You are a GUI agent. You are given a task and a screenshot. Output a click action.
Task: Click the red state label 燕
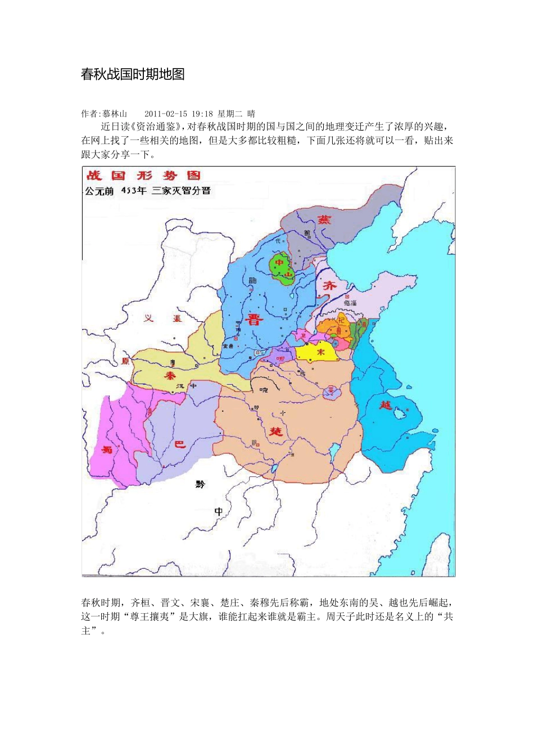pyautogui.click(x=324, y=220)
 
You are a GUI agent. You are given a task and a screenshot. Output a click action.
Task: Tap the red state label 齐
pyautogui.click(x=329, y=285)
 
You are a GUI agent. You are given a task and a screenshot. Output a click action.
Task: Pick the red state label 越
pyautogui.click(x=386, y=404)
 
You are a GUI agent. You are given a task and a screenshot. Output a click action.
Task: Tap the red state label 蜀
pyautogui.click(x=107, y=449)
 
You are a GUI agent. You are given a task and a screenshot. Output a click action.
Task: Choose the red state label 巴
pyautogui.click(x=179, y=444)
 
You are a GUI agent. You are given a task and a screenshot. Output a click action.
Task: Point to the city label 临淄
pyautogui.click(x=350, y=303)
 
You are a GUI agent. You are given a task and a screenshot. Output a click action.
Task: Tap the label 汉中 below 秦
pyautogui.click(x=186, y=386)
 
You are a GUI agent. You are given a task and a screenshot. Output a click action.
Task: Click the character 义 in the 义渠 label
pyautogui.click(x=148, y=318)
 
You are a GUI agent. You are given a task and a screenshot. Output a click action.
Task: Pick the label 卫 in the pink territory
pyautogui.click(x=304, y=335)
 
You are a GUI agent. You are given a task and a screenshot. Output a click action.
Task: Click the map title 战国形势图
pyautogui.click(x=144, y=176)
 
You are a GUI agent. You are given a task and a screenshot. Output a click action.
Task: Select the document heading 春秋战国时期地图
pyautogui.click(x=133, y=74)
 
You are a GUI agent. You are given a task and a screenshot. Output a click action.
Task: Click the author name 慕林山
pyautogui.click(x=115, y=114)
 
